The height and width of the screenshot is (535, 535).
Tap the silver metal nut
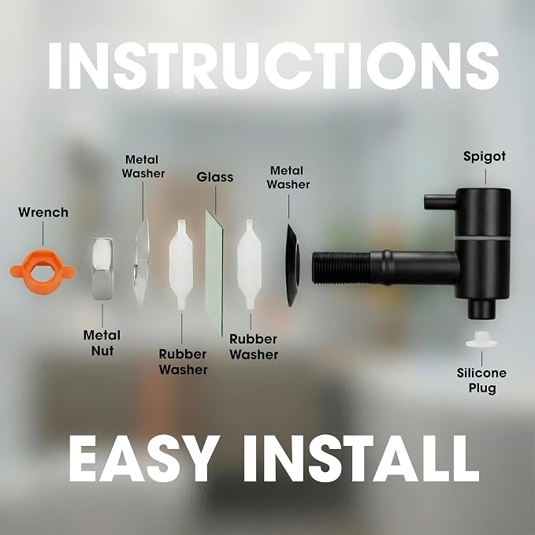[x=102, y=269]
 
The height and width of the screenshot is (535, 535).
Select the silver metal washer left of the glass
[x=141, y=262]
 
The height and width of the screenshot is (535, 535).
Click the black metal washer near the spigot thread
[x=293, y=266]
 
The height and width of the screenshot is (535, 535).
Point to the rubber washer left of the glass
[x=181, y=265]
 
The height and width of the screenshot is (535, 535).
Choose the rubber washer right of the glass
[x=250, y=265]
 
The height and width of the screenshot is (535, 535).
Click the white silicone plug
[x=481, y=340]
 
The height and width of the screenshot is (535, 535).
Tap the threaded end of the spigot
[x=341, y=268]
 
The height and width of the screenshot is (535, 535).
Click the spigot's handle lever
[x=440, y=202]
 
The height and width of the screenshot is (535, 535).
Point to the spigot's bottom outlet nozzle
[x=481, y=309]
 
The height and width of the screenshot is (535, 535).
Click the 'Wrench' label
[x=43, y=212]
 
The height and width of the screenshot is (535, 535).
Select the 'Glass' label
[x=215, y=177]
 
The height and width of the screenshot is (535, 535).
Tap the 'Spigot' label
[x=485, y=157]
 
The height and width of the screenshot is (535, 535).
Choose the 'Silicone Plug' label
[x=481, y=381]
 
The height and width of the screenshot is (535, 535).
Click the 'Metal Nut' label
[x=102, y=343]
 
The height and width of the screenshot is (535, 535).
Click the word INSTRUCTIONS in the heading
[x=273, y=66]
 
